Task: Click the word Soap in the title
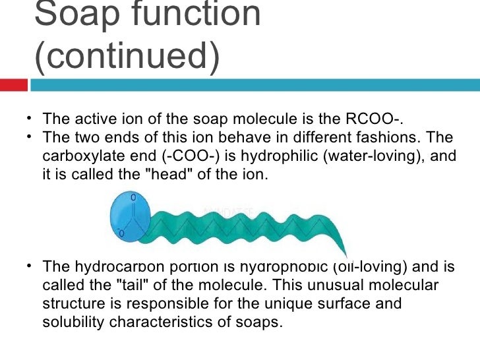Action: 73,15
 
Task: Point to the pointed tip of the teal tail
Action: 344,255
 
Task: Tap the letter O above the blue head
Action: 134,197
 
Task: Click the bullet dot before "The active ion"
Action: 30,119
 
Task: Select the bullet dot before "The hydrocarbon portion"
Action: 30,266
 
